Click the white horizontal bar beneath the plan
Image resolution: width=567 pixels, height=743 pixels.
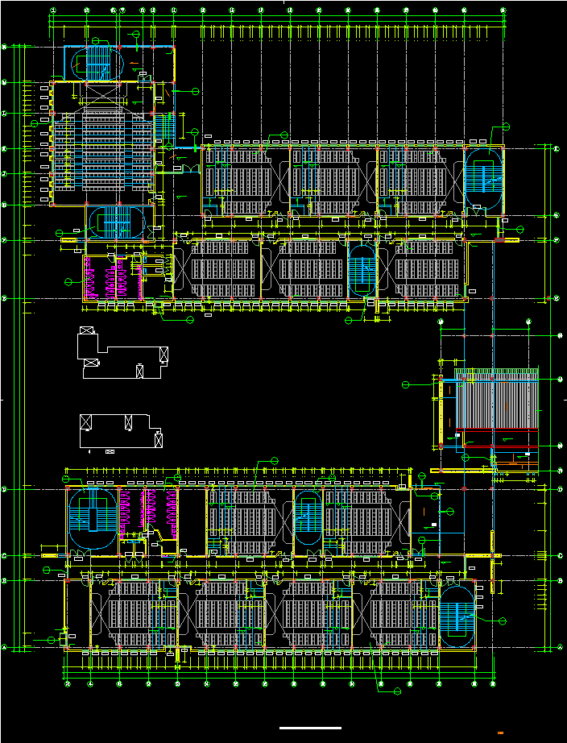click(310, 728)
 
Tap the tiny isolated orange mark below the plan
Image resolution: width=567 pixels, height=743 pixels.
click(501, 732)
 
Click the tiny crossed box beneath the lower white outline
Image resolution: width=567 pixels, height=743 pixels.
click(110, 451)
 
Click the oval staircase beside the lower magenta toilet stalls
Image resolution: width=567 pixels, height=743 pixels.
click(90, 519)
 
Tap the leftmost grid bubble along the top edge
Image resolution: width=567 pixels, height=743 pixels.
click(53, 10)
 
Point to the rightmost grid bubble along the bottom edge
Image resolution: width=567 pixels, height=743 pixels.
click(493, 684)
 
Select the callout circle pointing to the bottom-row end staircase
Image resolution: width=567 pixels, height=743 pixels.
click(504, 621)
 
